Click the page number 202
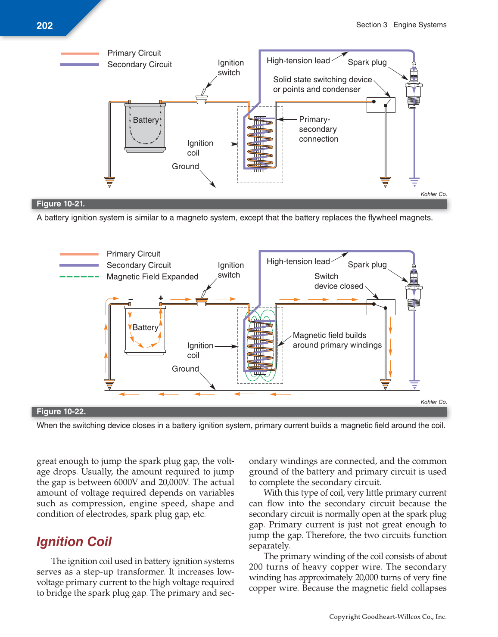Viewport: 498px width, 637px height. [x=44, y=26]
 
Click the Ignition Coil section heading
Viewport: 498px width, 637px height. [x=74, y=541]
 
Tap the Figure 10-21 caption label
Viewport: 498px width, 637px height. [x=61, y=204]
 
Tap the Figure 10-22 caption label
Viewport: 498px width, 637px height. [x=61, y=411]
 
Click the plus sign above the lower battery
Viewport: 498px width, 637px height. [x=161, y=298]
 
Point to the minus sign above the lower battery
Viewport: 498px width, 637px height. [x=131, y=299]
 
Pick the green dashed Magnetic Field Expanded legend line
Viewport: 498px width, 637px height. [x=79, y=277]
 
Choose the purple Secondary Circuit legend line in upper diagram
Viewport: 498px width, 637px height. [x=79, y=65]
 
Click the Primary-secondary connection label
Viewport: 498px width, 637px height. [x=318, y=129]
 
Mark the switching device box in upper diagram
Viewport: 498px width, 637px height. [x=381, y=105]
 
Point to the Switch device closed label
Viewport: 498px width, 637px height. [x=339, y=281]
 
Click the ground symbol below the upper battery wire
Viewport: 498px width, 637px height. [x=110, y=182]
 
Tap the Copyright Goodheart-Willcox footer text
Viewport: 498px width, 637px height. [x=388, y=616]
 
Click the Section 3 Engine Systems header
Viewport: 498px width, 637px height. [x=401, y=25]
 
